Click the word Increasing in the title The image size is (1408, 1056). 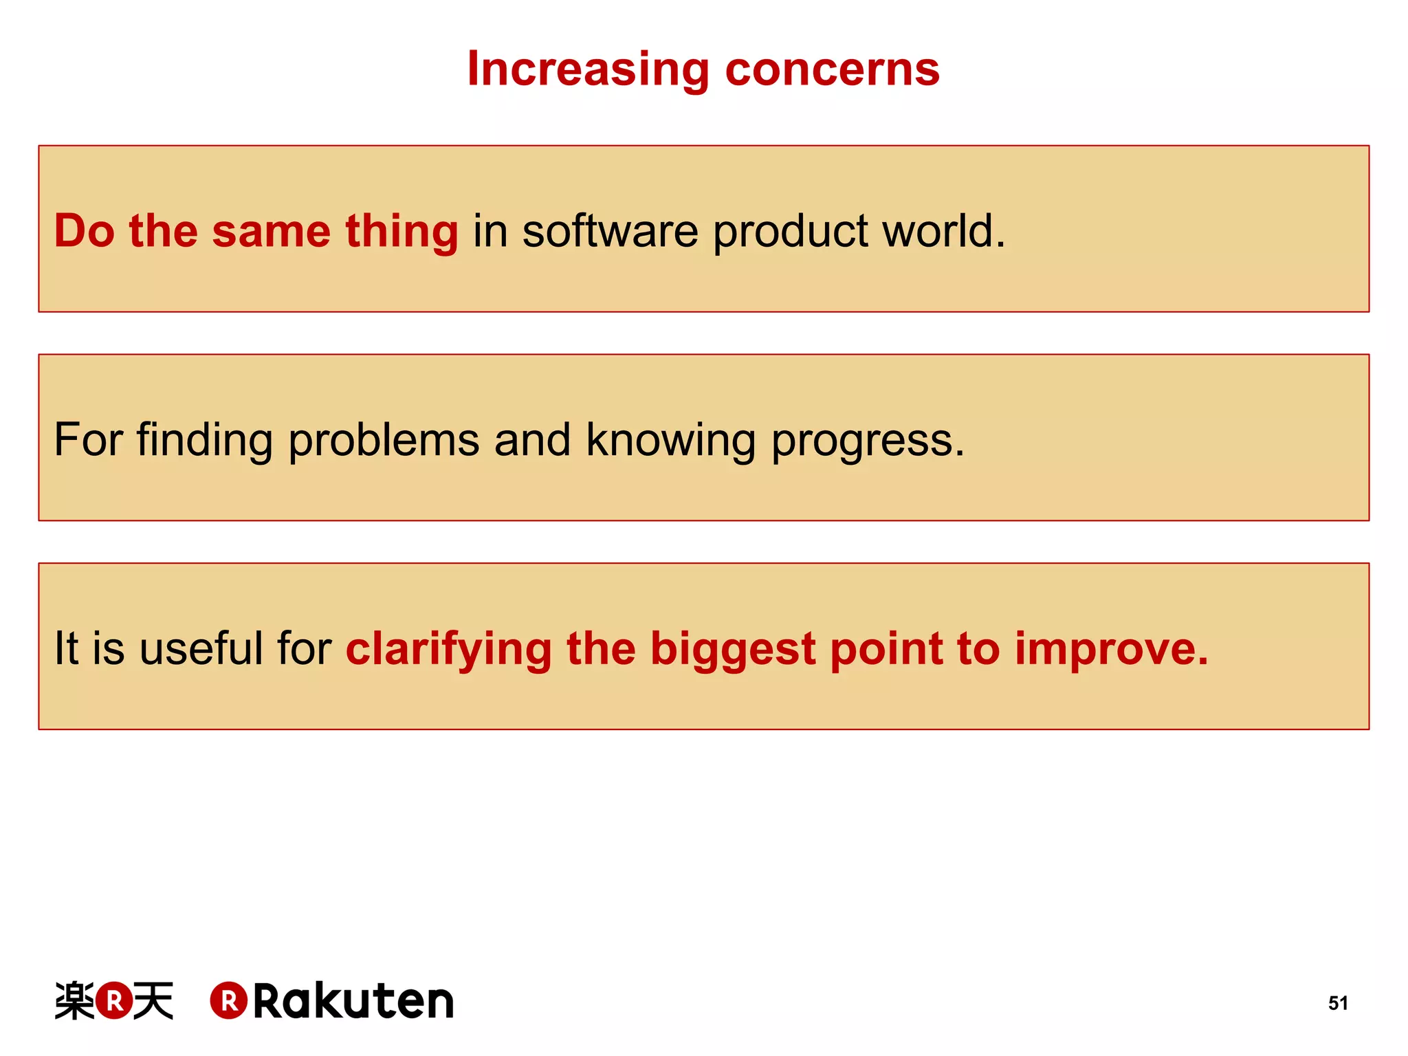588,70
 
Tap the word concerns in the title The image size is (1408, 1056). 832,70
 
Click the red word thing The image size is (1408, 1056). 401,232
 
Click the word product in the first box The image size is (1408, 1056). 790,232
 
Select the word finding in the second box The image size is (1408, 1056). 204,441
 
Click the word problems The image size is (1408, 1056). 384,441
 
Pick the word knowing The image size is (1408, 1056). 670,441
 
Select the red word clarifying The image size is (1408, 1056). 448,650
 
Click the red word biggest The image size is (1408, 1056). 732,650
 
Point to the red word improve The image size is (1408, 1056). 1110,650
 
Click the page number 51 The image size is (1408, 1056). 1337,1003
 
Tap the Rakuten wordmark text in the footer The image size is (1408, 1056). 353,1001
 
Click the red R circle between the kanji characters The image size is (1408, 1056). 114,1000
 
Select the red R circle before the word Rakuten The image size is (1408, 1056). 228,1000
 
